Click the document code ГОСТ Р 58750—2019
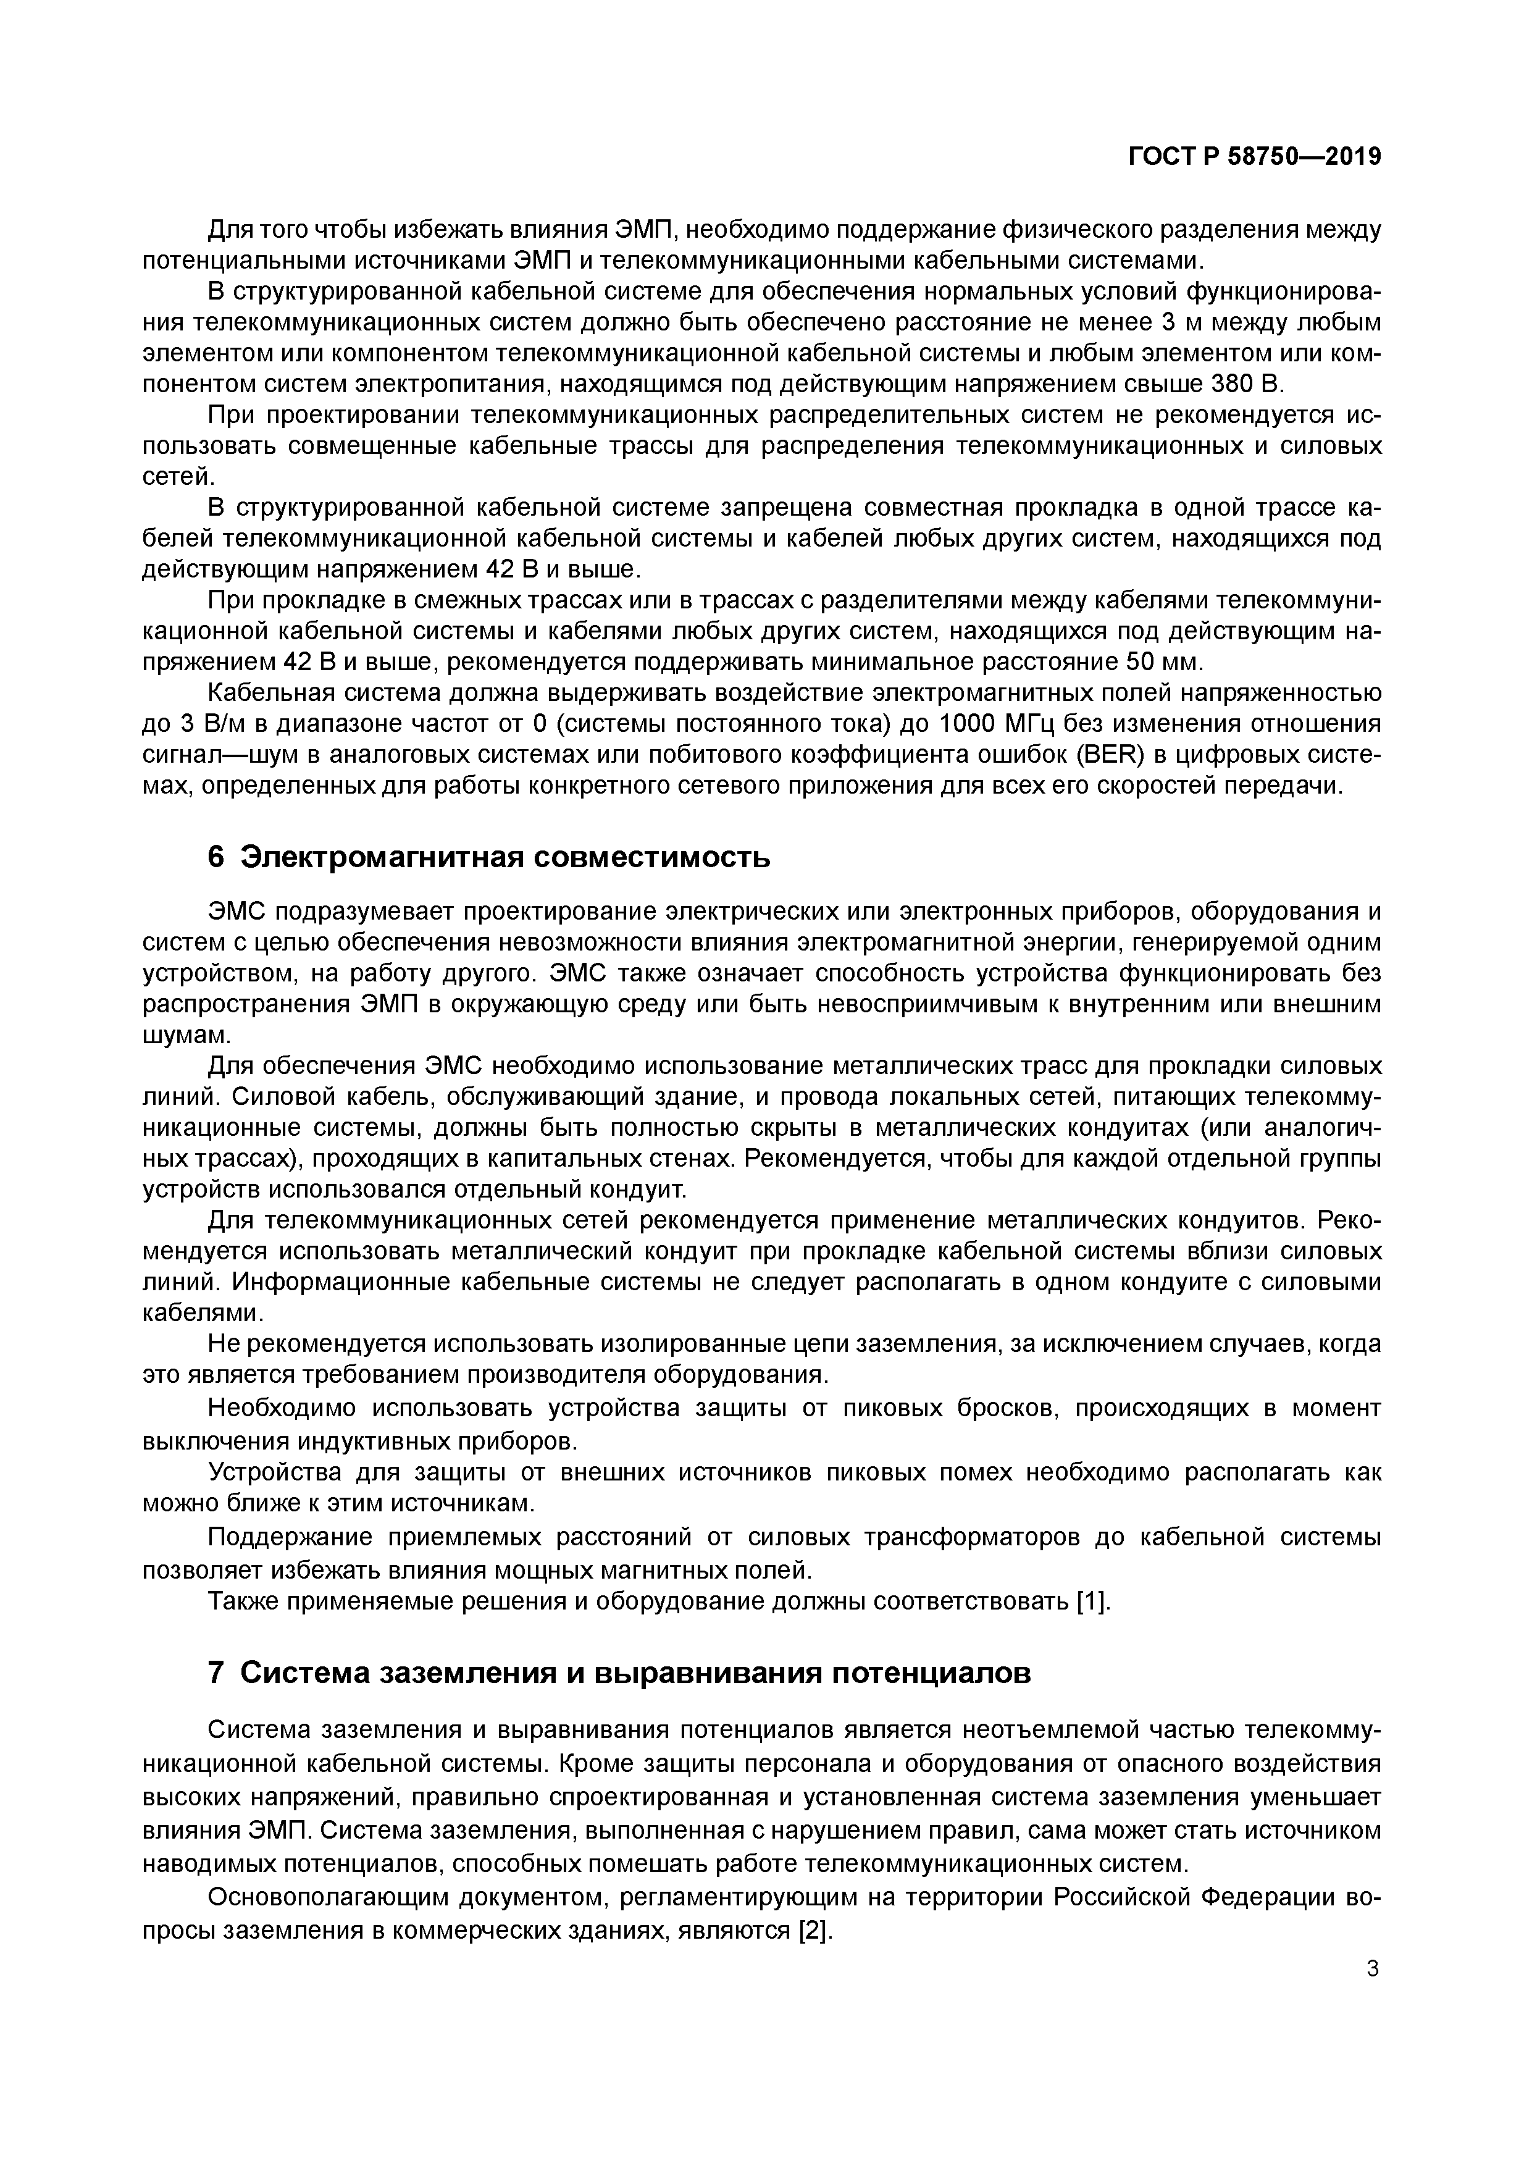pos(1255,157)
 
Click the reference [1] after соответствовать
pos(1094,1601)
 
